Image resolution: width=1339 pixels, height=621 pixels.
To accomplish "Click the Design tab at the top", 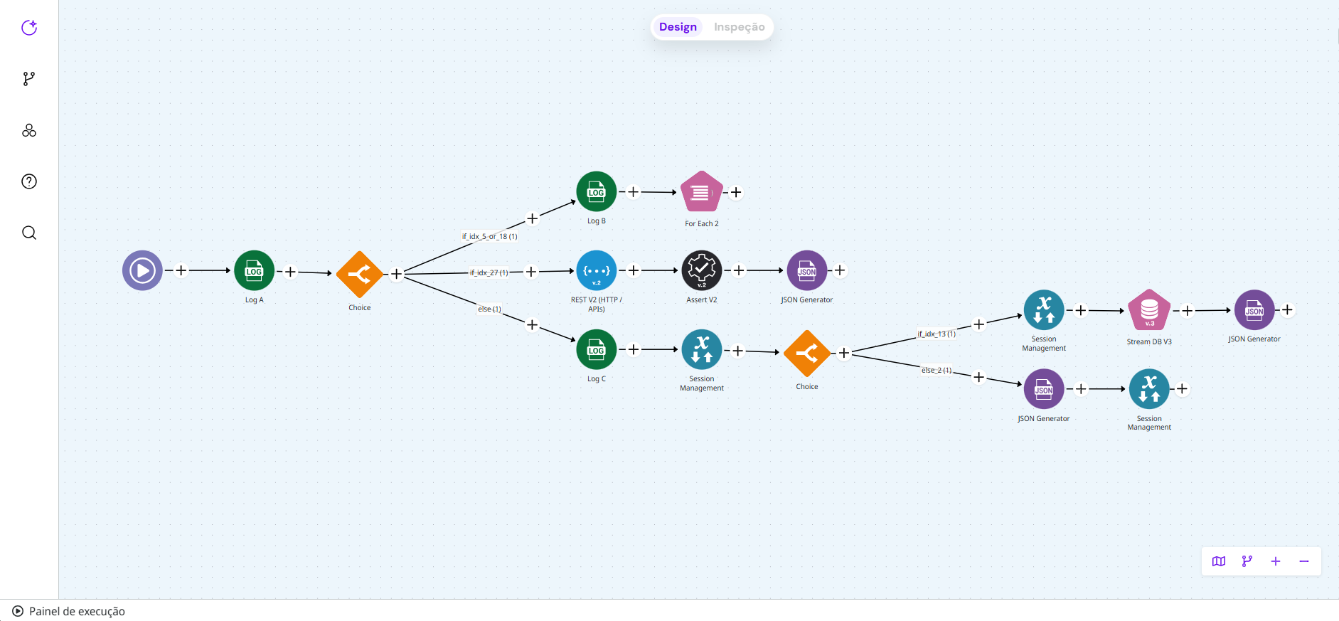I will point(678,27).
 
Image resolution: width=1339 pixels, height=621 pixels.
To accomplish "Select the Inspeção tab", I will point(739,27).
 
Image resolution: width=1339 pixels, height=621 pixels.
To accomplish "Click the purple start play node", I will point(142,270).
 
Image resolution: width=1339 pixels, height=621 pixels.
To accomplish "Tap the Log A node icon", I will point(254,270).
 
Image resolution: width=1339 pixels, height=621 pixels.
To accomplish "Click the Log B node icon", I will point(596,191).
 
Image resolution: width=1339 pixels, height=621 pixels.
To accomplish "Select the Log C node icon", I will point(596,349).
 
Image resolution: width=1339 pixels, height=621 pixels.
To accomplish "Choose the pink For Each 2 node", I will point(701,191).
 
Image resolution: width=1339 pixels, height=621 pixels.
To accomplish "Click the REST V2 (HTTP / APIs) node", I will point(596,270).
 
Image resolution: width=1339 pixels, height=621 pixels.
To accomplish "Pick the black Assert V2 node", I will point(701,270).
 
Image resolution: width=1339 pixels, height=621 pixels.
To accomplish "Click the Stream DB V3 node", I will point(1149,310).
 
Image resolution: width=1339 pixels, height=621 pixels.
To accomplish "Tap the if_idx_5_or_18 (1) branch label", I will point(489,236).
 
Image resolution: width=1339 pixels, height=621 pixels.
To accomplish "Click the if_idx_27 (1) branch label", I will point(489,272).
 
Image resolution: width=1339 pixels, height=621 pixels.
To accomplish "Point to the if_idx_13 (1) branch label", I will point(937,334).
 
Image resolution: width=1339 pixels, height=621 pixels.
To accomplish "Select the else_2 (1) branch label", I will point(937,370).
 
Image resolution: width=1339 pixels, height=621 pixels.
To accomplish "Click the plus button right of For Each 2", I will point(736,192).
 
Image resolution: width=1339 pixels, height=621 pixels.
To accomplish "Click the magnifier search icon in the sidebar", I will point(29,233).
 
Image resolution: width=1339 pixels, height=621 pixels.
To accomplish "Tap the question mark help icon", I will point(29,181).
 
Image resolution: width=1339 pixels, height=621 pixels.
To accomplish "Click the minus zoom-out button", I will point(1303,561).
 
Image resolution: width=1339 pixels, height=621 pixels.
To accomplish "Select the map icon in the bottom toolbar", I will point(1219,561).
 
